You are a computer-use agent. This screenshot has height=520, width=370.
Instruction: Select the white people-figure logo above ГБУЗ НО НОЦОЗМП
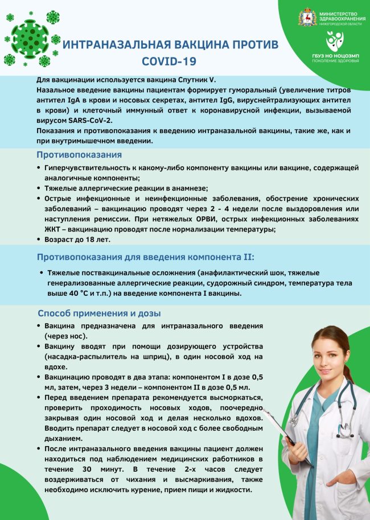tap(335, 42)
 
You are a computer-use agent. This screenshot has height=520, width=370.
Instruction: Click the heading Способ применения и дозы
tap(99, 313)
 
